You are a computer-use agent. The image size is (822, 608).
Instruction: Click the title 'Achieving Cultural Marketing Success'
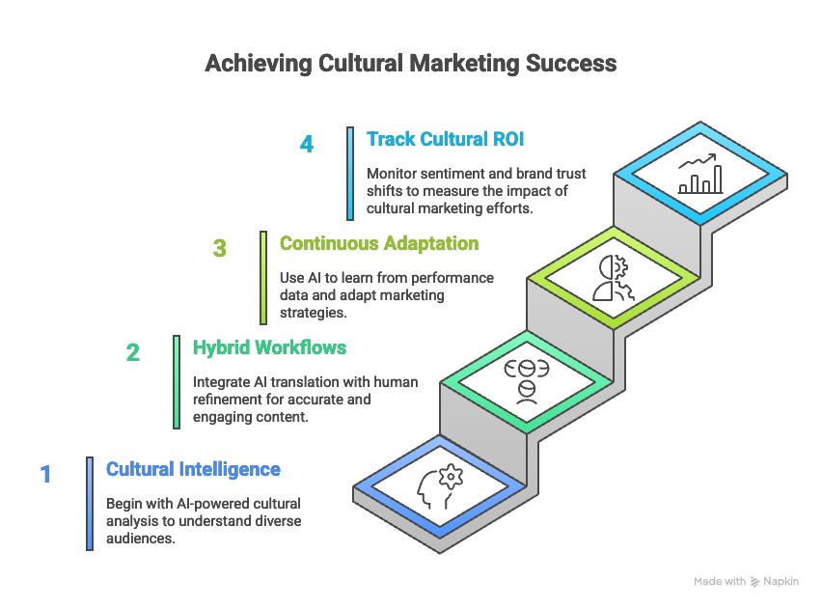click(x=410, y=65)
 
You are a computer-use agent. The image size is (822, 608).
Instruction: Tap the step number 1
click(x=45, y=474)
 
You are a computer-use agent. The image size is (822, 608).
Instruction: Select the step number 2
click(x=133, y=352)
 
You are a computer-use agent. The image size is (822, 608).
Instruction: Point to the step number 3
click(x=220, y=248)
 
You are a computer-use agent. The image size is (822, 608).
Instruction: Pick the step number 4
click(x=307, y=144)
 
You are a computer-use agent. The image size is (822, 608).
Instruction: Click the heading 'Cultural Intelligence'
click(x=193, y=470)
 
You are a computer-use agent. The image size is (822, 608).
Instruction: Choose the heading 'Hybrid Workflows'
click(x=269, y=347)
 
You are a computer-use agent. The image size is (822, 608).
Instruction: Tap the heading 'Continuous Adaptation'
click(x=378, y=243)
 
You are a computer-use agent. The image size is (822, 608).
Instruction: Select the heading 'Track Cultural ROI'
click(x=445, y=139)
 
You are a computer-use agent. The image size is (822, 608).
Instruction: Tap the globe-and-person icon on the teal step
click(x=526, y=377)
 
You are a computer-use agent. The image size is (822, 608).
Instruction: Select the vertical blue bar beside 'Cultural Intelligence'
click(x=90, y=503)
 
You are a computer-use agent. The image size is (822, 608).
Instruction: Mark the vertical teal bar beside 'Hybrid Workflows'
click(x=177, y=380)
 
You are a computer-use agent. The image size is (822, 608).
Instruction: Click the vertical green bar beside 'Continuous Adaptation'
click(x=263, y=276)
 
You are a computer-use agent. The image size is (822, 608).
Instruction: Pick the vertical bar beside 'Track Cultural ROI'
click(x=350, y=173)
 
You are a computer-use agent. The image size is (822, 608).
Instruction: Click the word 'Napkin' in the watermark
click(x=781, y=582)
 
